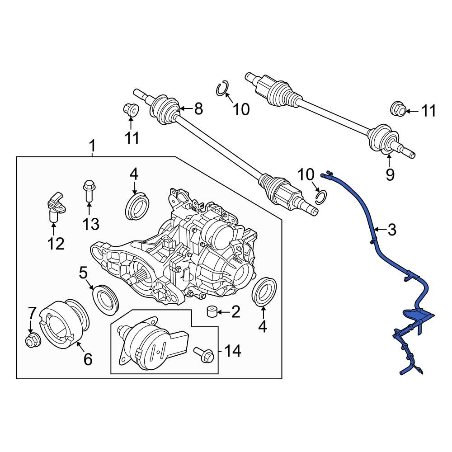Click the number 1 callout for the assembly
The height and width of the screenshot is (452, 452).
(x=92, y=146)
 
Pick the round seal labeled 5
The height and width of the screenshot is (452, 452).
(x=105, y=299)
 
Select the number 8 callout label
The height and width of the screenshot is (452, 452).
(x=198, y=108)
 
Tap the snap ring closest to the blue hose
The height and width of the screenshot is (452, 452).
(x=320, y=196)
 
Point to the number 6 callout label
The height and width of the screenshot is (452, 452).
(x=88, y=359)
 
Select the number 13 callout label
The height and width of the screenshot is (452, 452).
(x=90, y=223)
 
